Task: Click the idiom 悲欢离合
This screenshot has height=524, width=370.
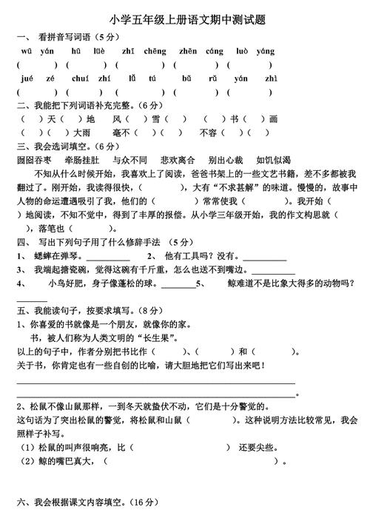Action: [x=178, y=159]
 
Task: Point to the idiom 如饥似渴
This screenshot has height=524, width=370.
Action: [x=273, y=159]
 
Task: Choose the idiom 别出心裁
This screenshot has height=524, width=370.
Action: [x=226, y=159]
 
